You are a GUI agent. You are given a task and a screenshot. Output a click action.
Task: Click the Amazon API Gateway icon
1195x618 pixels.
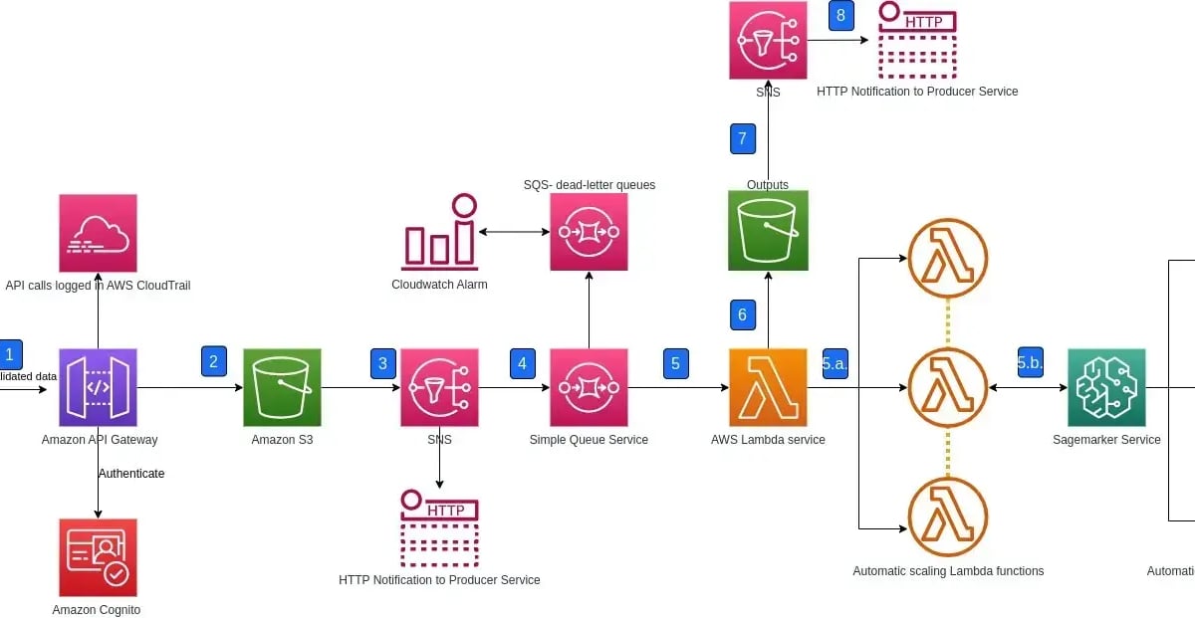pyautogui.click(x=98, y=387)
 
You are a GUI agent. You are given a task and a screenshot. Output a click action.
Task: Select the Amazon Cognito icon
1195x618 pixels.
pyautogui.click(x=98, y=557)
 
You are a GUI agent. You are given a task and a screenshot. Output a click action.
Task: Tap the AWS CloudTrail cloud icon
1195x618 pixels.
pyautogui.click(x=98, y=233)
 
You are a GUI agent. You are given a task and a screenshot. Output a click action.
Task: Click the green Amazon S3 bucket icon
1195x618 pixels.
pyautogui.click(x=282, y=387)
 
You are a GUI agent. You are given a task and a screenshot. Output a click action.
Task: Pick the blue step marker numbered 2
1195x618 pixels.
pyautogui.click(x=213, y=361)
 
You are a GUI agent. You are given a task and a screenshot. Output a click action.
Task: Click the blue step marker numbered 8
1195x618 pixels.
pyautogui.click(x=841, y=16)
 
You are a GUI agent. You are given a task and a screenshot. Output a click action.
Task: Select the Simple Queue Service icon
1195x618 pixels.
pyautogui.click(x=589, y=387)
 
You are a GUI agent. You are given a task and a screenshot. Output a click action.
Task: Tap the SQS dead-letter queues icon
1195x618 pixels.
pyautogui.click(x=589, y=232)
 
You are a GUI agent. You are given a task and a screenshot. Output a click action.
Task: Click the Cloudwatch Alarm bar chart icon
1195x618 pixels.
pyautogui.click(x=439, y=233)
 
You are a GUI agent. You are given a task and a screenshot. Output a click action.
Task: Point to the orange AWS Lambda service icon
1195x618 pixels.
pyautogui.click(x=768, y=387)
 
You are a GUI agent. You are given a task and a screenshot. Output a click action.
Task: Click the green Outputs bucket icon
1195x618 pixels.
pyautogui.click(x=768, y=231)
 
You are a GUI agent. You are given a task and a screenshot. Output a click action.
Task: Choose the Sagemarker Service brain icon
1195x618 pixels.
pyautogui.click(x=1106, y=387)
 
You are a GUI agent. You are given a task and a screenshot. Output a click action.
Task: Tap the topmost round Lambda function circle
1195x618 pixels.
pyautogui.click(x=947, y=258)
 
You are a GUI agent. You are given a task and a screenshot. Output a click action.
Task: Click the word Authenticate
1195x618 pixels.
pyautogui.click(x=131, y=474)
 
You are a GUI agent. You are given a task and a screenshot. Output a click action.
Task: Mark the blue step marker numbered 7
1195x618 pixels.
pyautogui.click(x=743, y=138)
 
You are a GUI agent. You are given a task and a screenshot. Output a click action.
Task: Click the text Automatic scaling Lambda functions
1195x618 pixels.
pyautogui.click(x=948, y=571)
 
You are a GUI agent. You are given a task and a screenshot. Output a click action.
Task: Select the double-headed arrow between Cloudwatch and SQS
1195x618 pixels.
pyautogui.click(x=514, y=232)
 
